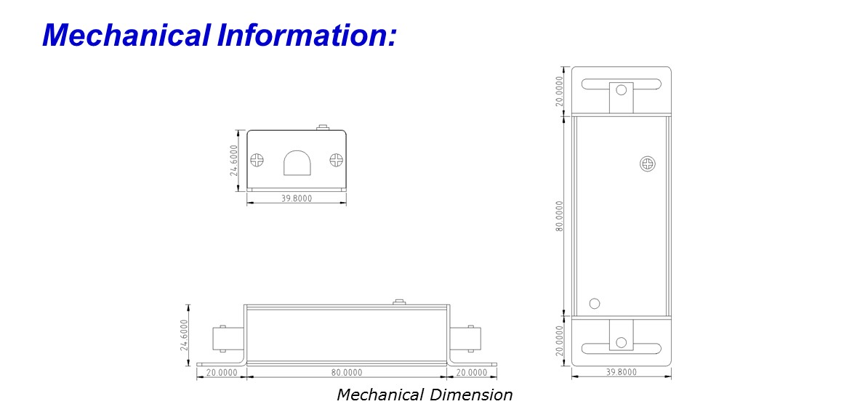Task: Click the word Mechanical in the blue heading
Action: [x=126, y=36]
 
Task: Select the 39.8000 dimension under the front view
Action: [x=297, y=198]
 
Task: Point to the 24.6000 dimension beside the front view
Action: [x=233, y=160]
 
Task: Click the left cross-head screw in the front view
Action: [x=257, y=160]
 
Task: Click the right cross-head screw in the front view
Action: [x=337, y=160]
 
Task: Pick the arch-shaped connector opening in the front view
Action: [x=297, y=163]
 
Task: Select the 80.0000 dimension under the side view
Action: [x=347, y=372]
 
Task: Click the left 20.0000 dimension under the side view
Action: [x=222, y=372]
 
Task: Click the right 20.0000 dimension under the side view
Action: [x=471, y=372]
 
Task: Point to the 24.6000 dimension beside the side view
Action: [x=184, y=335]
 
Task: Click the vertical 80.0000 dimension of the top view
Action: [x=560, y=216]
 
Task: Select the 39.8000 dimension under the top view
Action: [x=621, y=372]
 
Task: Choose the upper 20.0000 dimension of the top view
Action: [x=560, y=91]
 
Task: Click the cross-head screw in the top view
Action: [x=648, y=163]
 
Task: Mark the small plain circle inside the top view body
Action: [x=595, y=304]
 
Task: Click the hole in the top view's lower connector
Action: [x=621, y=342]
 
